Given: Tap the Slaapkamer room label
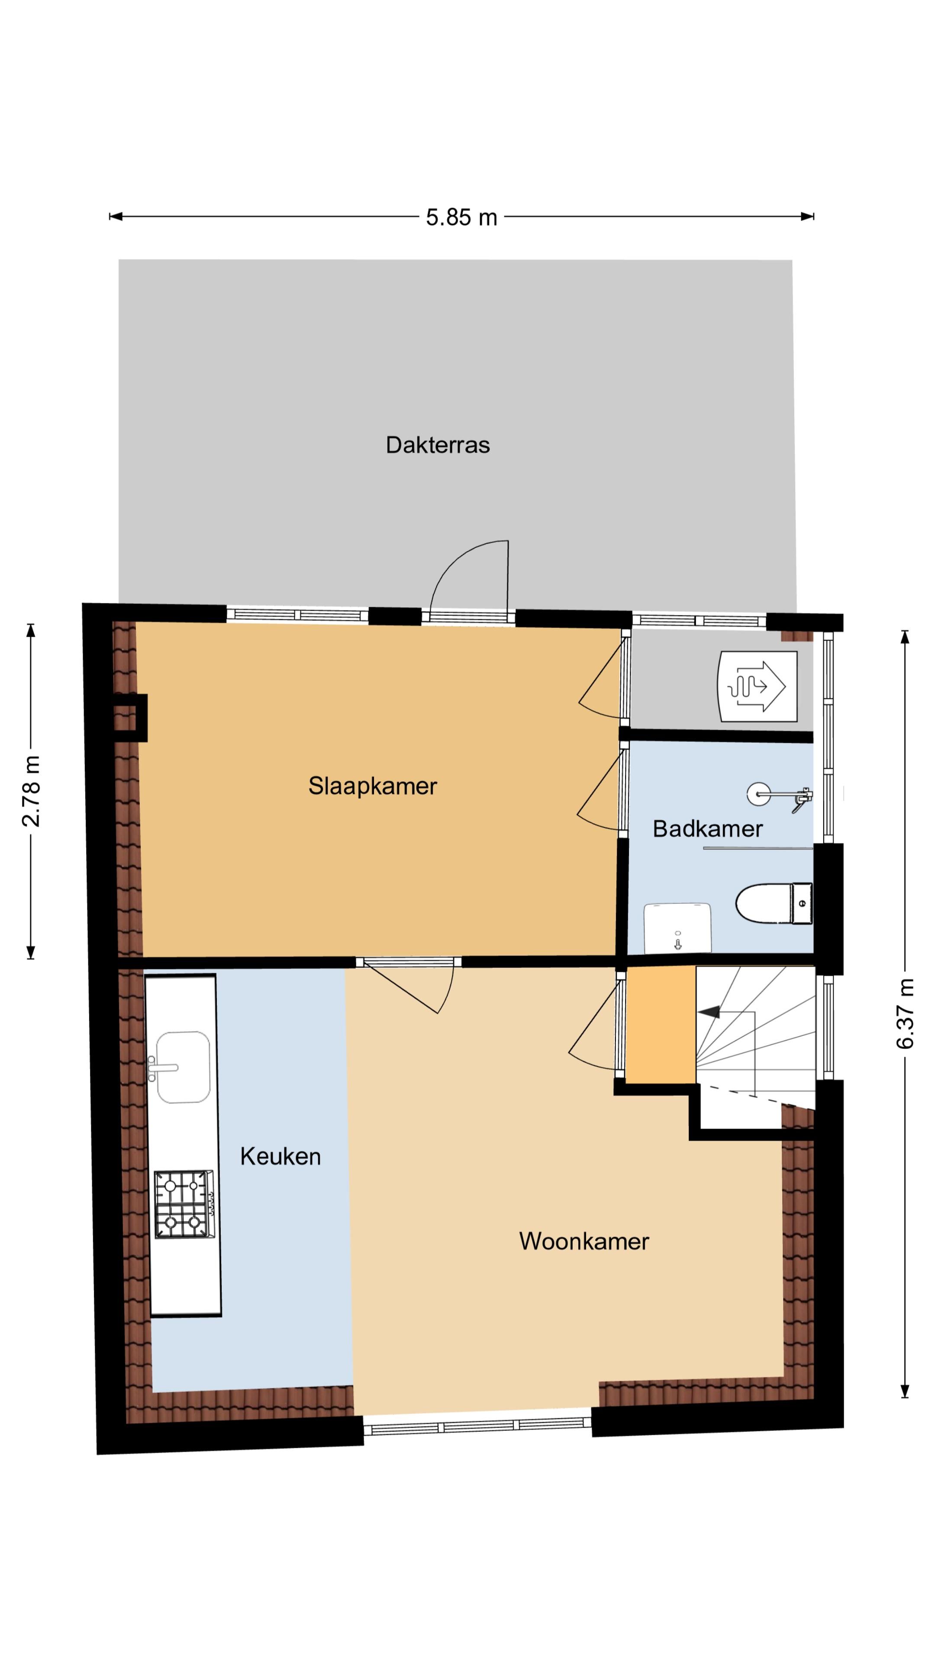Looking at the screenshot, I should click(372, 786).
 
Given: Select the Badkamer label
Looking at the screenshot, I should click(707, 828).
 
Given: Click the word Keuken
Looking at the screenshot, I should click(280, 1156).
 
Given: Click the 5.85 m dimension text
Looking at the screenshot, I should click(461, 217).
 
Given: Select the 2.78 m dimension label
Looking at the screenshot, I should click(31, 791).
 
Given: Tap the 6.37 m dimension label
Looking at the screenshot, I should click(905, 1013).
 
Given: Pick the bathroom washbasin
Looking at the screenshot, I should click(677, 927).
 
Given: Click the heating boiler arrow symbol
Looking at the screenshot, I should click(758, 686).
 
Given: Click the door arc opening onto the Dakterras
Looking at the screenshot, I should click(468, 575).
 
